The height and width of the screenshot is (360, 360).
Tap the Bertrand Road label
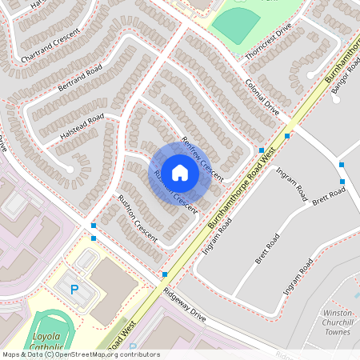click(79, 79)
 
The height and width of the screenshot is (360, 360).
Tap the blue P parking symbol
click(75, 290)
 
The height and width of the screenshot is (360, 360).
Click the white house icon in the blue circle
click(180, 172)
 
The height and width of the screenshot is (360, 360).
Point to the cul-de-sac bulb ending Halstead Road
click(70, 170)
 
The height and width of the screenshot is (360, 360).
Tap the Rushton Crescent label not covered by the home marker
click(138, 218)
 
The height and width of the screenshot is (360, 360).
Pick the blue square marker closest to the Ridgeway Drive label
click(165, 274)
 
